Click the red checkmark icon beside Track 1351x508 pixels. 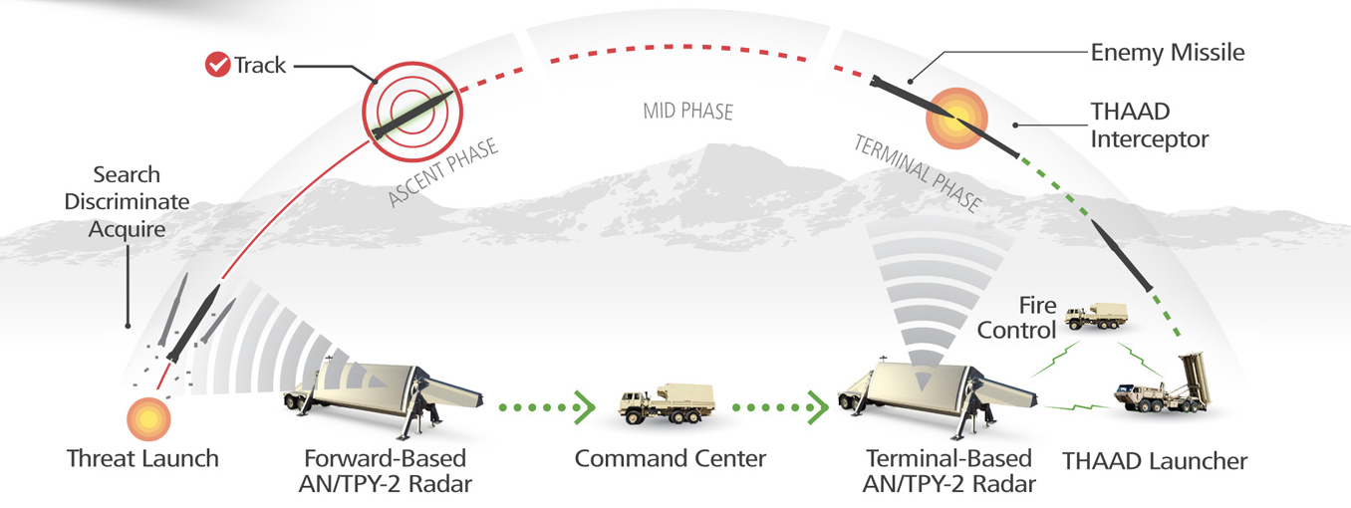(x=216, y=66)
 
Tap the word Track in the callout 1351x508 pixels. (x=260, y=66)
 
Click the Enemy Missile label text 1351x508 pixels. (x=1168, y=52)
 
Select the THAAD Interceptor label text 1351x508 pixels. (x=1149, y=126)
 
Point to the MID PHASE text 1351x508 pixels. (x=687, y=110)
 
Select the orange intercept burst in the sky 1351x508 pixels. (x=952, y=117)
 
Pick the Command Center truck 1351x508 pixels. (x=663, y=402)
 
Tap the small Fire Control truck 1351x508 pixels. (x=1095, y=316)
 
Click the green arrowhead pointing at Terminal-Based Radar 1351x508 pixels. (x=818, y=406)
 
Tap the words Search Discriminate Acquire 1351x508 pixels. (x=127, y=202)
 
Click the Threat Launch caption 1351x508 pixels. (x=142, y=459)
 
